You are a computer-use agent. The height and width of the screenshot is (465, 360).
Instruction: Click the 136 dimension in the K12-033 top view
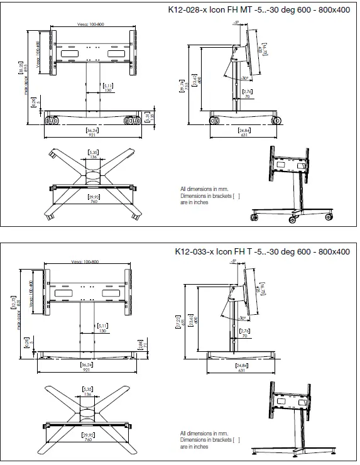click(89, 395)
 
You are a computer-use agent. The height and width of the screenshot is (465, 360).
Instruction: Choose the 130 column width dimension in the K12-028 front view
click(91, 90)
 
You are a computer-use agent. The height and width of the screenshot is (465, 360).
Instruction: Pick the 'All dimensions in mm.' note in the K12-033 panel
click(202, 433)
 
